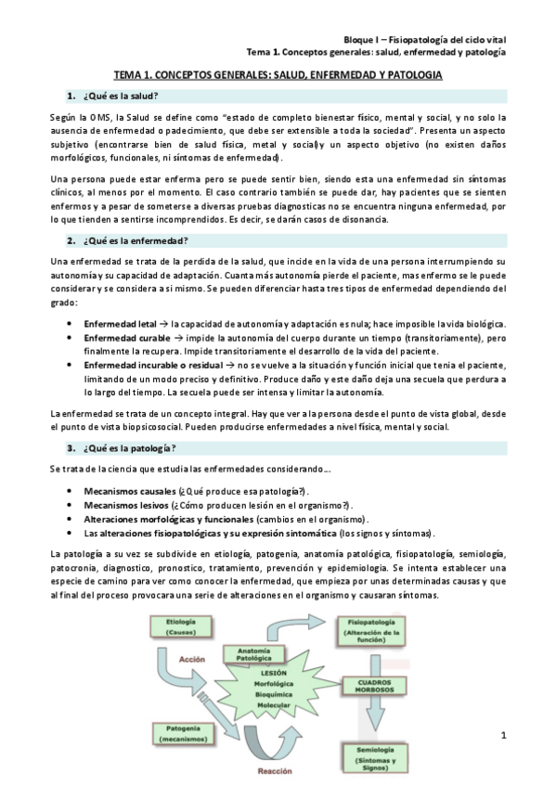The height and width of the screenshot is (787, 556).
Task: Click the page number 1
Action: tap(502, 736)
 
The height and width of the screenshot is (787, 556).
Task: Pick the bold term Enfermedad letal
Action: tap(119, 323)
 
